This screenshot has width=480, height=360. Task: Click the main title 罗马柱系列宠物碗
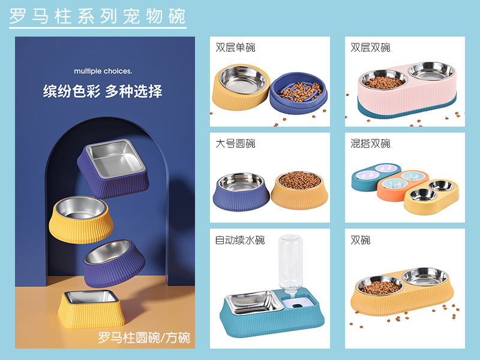coord(97,16)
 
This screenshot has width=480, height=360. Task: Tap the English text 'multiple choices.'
coord(103,71)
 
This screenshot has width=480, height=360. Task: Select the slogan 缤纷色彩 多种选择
coord(103,91)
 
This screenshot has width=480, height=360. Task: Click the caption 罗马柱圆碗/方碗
coord(144,338)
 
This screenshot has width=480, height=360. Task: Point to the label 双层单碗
coord(235,47)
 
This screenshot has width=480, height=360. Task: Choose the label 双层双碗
coord(370,47)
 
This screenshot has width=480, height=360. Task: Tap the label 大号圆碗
coord(235,143)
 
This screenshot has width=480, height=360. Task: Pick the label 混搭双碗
coord(370,143)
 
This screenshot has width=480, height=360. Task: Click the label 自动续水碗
coord(239,239)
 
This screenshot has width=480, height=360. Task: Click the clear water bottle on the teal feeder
coord(290,263)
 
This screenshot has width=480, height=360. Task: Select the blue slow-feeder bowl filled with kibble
coord(298,93)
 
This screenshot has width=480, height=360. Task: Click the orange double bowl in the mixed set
coord(403,186)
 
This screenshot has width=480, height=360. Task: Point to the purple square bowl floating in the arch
coord(113,168)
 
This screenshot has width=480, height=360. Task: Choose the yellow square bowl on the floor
coord(91,309)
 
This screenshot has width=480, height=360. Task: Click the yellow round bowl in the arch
coord(80,220)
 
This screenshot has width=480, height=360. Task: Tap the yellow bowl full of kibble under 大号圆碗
coord(299,191)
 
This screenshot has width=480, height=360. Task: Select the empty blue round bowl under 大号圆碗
coord(241,192)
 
